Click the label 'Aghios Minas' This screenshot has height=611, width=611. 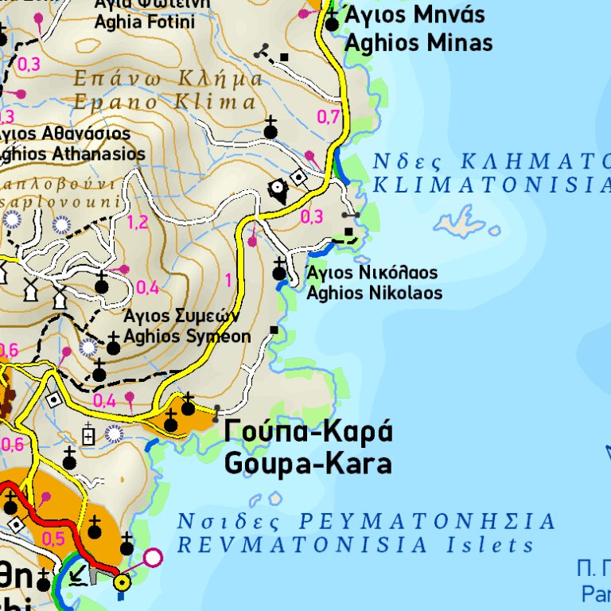pos(418,42)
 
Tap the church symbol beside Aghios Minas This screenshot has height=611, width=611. pos(332,22)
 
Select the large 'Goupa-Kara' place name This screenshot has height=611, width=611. pos(308,463)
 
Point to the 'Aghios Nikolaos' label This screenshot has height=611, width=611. pos(374,293)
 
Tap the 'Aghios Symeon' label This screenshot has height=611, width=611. pos(187,337)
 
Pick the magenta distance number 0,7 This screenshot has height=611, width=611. pos(329,117)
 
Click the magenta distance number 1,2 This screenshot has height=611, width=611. pos(138,222)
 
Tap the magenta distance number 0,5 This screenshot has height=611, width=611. pos(53,539)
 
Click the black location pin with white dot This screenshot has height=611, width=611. pos(278,190)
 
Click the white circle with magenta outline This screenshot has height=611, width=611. pos(152,557)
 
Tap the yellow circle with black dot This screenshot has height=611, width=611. pos(122,583)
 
